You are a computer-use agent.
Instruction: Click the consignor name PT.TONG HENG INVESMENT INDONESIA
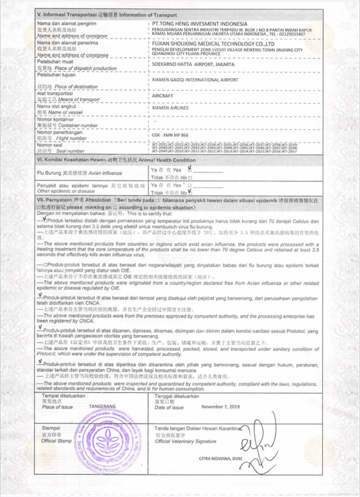click(199, 24)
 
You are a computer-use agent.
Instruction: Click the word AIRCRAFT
click(163, 96)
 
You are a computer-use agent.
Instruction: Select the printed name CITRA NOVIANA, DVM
click(222, 459)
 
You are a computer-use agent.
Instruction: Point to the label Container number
click(67, 126)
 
